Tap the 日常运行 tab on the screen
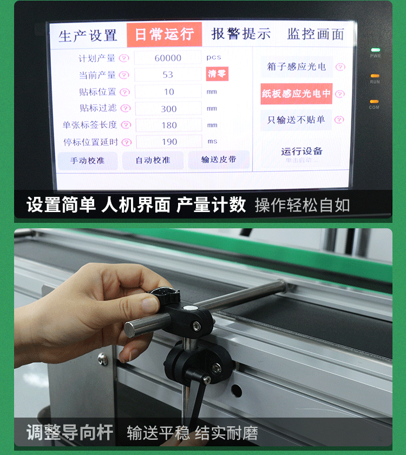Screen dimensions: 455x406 point(164,35)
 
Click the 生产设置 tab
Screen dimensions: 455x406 point(88,36)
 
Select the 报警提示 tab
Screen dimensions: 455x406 point(241,34)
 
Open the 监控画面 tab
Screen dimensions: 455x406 point(316,35)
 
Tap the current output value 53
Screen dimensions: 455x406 point(168,75)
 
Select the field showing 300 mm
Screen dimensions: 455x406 point(168,108)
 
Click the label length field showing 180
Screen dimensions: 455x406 point(168,125)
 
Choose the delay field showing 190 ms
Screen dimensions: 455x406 point(168,142)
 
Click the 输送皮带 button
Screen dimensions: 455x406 point(219,160)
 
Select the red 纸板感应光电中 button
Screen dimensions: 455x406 point(296,93)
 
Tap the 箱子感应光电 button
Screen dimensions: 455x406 point(296,67)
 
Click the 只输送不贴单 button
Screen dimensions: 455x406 point(296,120)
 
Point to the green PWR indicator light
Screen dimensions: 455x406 point(375,50)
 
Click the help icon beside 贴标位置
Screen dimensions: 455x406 point(125,92)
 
